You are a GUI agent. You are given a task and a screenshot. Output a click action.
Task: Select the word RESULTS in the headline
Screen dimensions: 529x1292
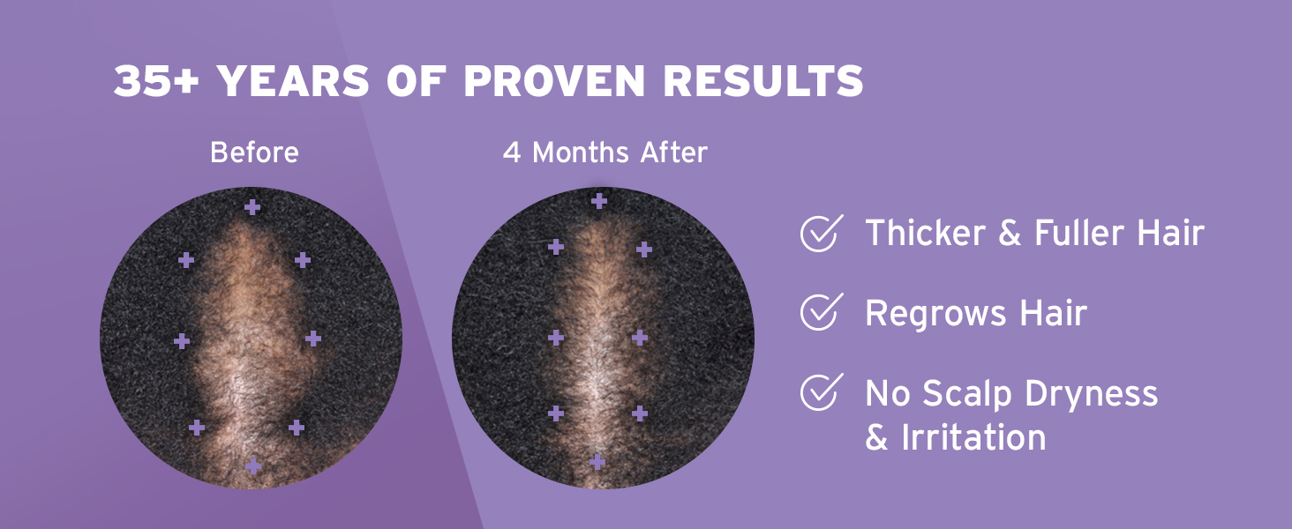pos(763,82)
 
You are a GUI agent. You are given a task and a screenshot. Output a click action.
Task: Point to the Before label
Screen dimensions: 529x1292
pos(254,153)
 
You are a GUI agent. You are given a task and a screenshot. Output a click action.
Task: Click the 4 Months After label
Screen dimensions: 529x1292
pos(605,153)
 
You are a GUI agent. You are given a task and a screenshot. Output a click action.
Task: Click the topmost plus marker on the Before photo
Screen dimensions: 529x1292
pos(253,207)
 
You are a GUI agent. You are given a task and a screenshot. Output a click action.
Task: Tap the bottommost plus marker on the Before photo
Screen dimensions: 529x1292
pos(253,466)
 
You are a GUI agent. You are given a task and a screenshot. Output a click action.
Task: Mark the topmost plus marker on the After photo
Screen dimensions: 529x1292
pos(599,201)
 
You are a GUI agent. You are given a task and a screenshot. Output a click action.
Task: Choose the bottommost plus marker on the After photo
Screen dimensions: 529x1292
pos(597,461)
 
